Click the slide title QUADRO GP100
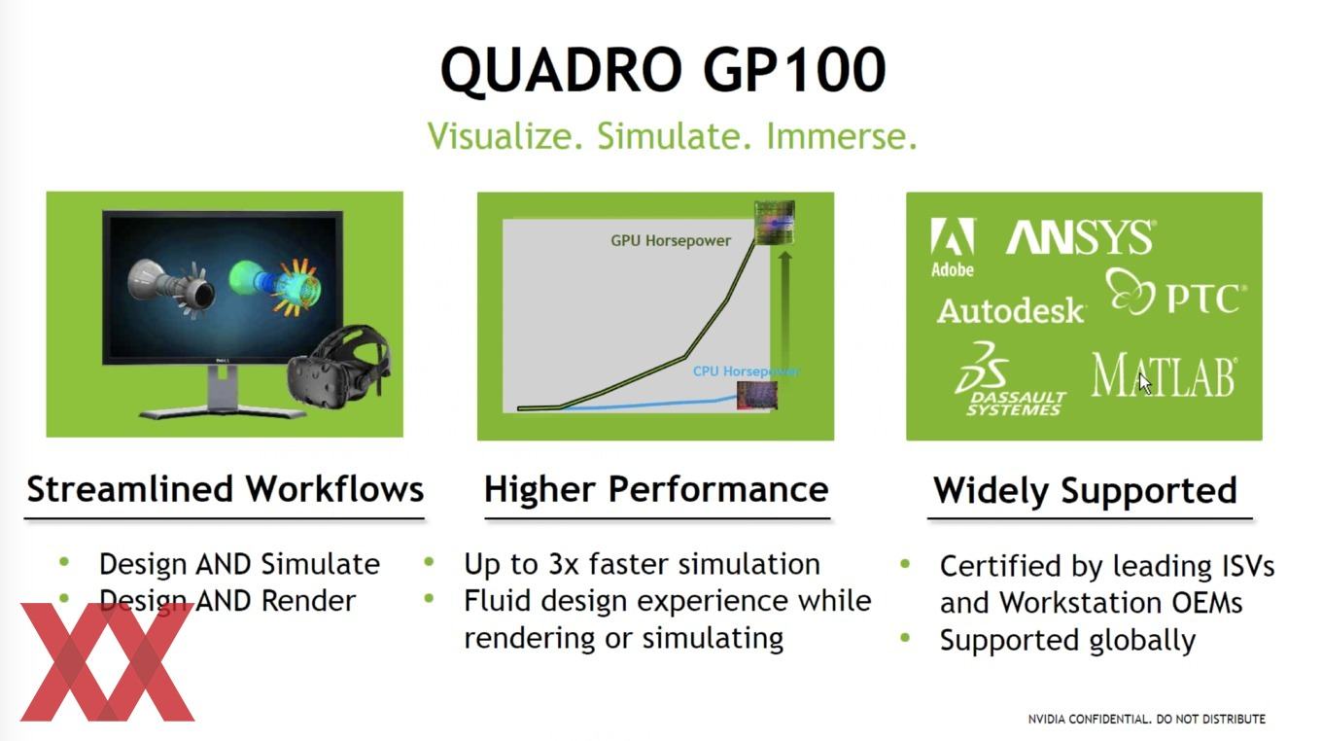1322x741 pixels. [x=663, y=70]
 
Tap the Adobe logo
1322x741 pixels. [x=953, y=247]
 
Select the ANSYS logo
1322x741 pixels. [x=1081, y=236]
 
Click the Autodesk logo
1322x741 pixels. [x=1011, y=310]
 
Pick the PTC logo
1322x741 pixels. [x=1175, y=293]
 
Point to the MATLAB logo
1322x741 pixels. [x=1164, y=375]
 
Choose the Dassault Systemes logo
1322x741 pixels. [x=1010, y=379]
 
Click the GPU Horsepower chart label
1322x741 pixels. [x=671, y=241]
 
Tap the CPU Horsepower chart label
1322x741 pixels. [x=746, y=371]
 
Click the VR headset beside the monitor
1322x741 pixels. [x=338, y=366]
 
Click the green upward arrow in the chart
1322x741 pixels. [x=784, y=313]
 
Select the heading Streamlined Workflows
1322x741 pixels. [x=226, y=489]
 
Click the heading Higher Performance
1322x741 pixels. [x=656, y=489]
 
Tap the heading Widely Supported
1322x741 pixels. [x=1085, y=490]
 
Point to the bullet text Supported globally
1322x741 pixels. [x=1067, y=641]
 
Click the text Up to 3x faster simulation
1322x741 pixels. [x=643, y=564]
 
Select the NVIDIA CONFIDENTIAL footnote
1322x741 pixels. [x=1147, y=720]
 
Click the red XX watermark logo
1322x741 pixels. [x=107, y=662]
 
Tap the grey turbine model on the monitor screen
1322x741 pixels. [x=171, y=286]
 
